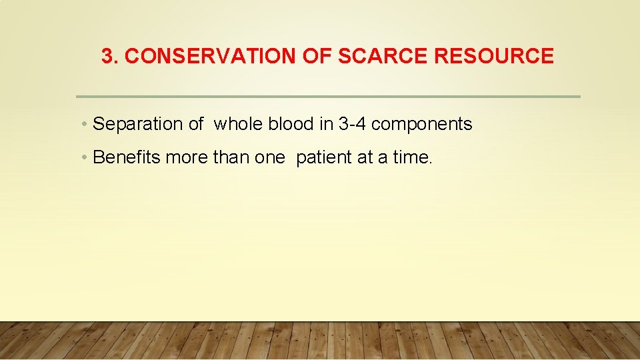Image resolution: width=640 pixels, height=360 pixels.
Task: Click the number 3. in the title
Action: pos(111,57)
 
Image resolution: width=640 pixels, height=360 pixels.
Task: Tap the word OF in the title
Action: pos(313,57)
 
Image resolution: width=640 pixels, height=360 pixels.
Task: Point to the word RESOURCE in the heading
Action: pos(493,57)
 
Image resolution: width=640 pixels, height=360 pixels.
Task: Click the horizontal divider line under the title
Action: pos(328,97)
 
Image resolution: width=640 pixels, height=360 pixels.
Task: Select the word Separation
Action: pos(138,124)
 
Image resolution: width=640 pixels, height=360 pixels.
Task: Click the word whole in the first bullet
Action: pos(238,124)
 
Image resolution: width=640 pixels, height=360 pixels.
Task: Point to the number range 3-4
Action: pos(352,124)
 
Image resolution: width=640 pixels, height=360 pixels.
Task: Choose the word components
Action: pos(422,125)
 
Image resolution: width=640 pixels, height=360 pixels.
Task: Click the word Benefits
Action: pos(127,157)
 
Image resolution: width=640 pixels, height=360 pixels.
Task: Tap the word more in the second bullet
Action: pos(187,157)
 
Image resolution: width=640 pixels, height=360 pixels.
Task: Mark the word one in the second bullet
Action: pos(270,157)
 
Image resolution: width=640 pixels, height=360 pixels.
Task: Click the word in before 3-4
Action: pos(327,124)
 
